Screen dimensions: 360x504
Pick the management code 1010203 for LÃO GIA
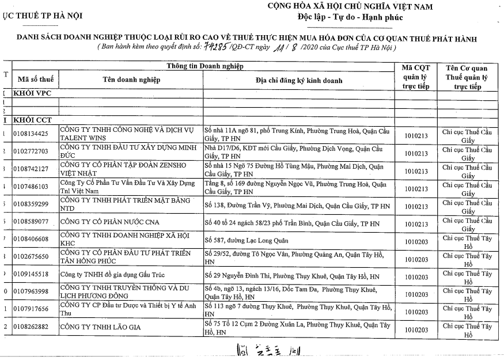coord(416,328)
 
